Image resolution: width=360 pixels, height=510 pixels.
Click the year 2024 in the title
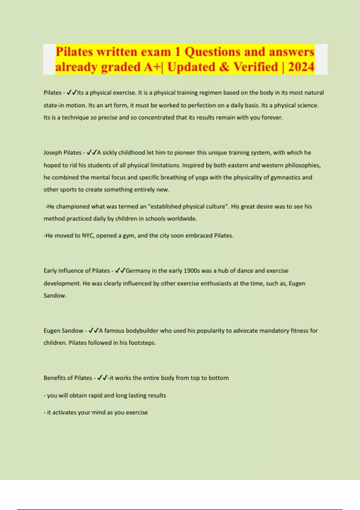click(x=301, y=67)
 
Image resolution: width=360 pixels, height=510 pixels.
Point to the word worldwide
click(x=181, y=218)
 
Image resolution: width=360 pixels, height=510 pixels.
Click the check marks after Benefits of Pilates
click(x=102, y=378)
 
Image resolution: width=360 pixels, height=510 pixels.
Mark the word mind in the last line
click(x=99, y=412)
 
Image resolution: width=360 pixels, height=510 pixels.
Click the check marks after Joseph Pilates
click(x=91, y=152)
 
